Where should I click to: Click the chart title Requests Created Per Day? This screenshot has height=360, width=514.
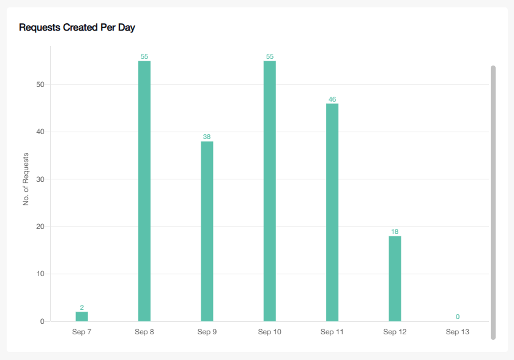[x=76, y=28]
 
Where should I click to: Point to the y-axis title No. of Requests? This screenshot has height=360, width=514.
[x=26, y=179]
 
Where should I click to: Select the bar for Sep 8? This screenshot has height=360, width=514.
[x=144, y=190]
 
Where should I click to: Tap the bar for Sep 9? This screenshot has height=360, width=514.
[x=207, y=231]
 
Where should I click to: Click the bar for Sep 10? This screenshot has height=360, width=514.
[x=270, y=190]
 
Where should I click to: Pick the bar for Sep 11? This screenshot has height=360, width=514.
[x=332, y=212]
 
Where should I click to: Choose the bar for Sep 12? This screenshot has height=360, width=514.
[x=395, y=279]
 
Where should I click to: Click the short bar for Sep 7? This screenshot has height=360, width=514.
[x=82, y=317]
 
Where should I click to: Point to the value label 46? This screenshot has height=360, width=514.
[x=332, y=99]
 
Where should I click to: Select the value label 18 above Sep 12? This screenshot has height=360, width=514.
[x=395, y=232]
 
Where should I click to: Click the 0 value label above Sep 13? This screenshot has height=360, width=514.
[x=458, y=317]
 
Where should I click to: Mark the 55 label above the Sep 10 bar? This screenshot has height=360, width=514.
[x=270, y=57]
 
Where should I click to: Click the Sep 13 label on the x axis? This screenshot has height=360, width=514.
[x=458, y=332]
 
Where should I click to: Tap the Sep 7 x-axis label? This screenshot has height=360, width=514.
[x=82, y=332]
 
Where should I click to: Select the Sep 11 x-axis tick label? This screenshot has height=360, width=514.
[x=332, y=332]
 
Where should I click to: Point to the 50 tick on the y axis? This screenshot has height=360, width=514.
[x=40, y=84]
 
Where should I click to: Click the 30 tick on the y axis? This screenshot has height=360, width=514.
[x=40, y=179]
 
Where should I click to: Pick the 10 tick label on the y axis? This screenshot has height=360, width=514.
[x=40, y=274]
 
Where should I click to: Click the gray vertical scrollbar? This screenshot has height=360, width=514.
[x=493, y=202]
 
